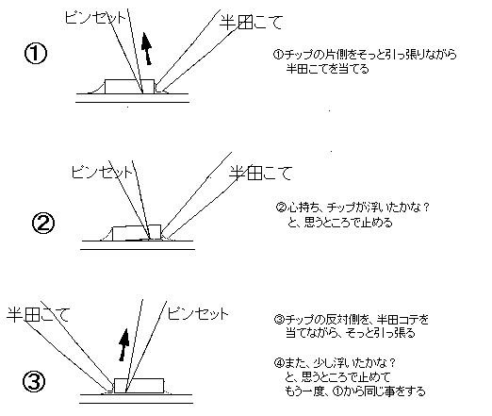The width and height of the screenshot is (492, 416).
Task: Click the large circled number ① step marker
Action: (x=36, y=54)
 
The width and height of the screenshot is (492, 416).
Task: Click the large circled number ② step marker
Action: (x=43, y=223)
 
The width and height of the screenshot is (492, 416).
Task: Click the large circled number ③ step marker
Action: (x=34, y=381)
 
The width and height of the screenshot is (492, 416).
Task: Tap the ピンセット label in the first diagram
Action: (x=95, y=17)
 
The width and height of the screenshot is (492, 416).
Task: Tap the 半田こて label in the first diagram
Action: (x=251, y=23)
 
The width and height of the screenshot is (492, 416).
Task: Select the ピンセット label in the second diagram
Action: (x=102, y=172)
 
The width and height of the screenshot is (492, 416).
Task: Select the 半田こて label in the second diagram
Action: (x=260, y=173)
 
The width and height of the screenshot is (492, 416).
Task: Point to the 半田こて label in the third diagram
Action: (x=38, y=314)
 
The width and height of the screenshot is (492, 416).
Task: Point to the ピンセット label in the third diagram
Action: (x=198, y=313)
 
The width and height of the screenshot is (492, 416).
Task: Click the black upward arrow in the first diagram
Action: (x=147, y=48)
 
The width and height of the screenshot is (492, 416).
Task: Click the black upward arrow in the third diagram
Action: (x=123, y=344)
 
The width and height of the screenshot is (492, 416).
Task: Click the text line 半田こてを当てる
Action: (x=327, y=69)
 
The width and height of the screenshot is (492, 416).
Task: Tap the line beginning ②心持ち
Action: (x=353, y=208)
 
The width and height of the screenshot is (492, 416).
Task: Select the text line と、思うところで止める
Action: (x=340, y=223)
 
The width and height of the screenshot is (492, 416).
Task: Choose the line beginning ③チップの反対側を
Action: (x=352, y=320)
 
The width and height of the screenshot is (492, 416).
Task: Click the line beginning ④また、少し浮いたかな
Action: (x=335, y=363)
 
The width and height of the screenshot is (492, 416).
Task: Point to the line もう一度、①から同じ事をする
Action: (x=355, y=391)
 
